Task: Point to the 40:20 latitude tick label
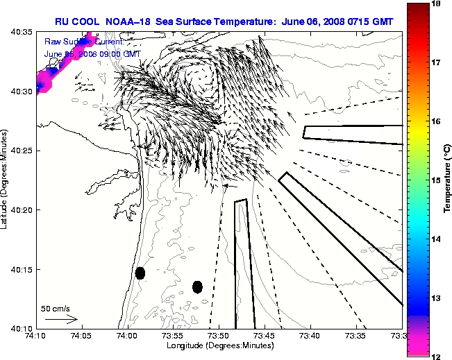pyautogui.click(x=21, y=210)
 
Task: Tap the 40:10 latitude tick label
pyautogui.click(x=21, y=328)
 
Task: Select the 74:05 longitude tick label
pyautogui.click(x=81, y=336)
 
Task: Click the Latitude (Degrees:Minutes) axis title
pyautogui.click(x=5, y=179)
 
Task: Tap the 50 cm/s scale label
pyautogui.click(x=55, y=309)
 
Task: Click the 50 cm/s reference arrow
pyautogui.click(x=60, y=319)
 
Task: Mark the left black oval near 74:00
pyautogui.click(x=140, y=273)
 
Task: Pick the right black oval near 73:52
pyautogui.click(x=197, y=286)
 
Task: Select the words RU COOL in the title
pyautogui.click(x=77, y=21)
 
